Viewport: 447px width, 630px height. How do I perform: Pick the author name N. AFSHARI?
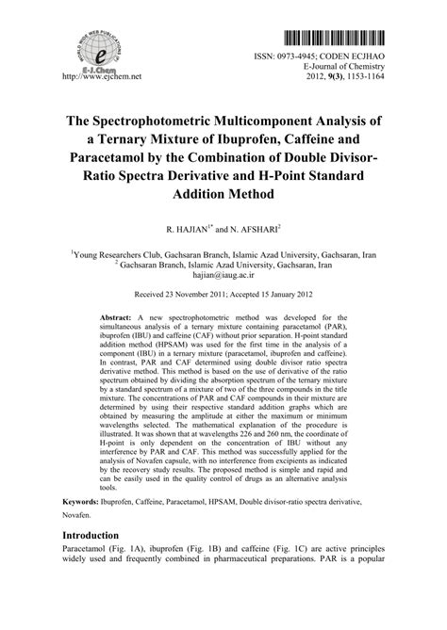[x=260, y=228]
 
